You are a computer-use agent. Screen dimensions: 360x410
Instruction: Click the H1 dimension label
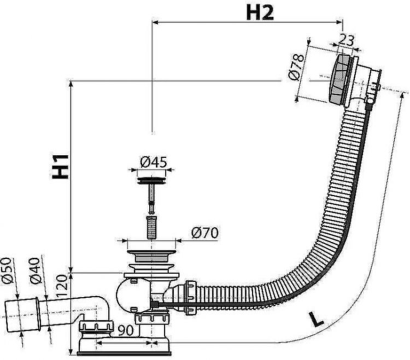click(x=61, y=165)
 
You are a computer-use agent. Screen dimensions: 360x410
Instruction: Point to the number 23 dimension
click(x=347, y=39)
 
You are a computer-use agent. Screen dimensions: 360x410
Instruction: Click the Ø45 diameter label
click(x=153, y=162)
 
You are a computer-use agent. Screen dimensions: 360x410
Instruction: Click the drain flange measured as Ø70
click(x=148, y=253)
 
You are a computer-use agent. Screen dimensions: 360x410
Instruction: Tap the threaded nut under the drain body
click(x=151, y=318)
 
